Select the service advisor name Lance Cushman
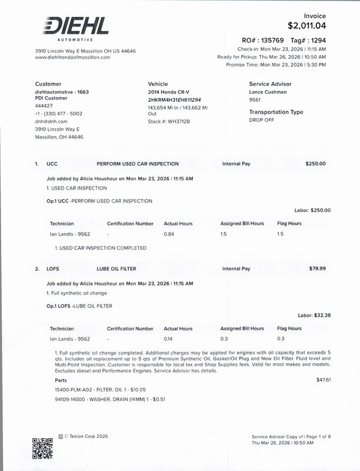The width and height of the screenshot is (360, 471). click(x=268, y=92)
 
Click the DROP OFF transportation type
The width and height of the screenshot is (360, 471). click(x=262, y=120)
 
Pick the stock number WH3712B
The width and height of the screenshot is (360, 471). click(x=169, y=121)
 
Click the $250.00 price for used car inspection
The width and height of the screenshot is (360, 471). click(x=315, y=164)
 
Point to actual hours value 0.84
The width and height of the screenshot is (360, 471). click(x=169, y=234)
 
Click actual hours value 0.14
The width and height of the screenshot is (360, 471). click(x=169, y=339)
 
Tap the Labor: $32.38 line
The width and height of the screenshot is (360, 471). click(x=314, y=316)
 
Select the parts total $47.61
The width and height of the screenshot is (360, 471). click(x=324, y=380)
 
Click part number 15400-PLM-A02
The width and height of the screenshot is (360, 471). click(x=72, y=390)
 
